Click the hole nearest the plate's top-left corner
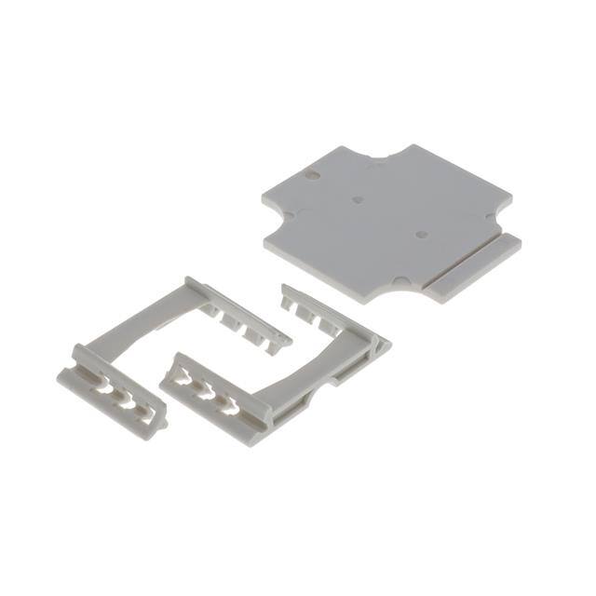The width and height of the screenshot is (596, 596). (313, 174)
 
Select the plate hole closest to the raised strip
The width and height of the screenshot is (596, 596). (421, 235)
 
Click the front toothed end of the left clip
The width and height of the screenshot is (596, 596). (112, 392)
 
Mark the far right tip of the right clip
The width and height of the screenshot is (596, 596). (386, 345)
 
